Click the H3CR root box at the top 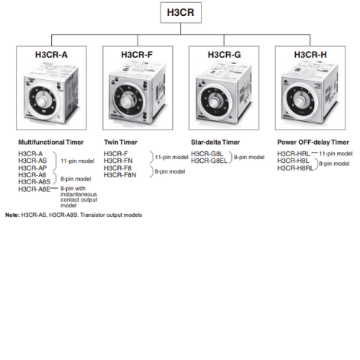click(181, 12)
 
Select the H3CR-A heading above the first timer click(51, 55)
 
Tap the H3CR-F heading click(137, 55)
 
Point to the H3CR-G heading click(224, 55)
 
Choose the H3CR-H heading click(310, 55)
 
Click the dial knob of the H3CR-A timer click(42, 100)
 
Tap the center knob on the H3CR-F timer click(127, 102)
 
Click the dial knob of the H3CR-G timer click(214, 102)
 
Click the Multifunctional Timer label click(51, 143)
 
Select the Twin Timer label click(120, 143)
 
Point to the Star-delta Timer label click(215, 143)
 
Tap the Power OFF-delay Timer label click(313, 143)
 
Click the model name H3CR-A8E click(35, 189)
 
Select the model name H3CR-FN click(118, 161)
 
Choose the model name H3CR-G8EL click(209, 161)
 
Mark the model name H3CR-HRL click(294, 153)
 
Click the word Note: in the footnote click(12, 215)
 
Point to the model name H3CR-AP click(32, 168)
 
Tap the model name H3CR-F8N click(120, 175)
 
